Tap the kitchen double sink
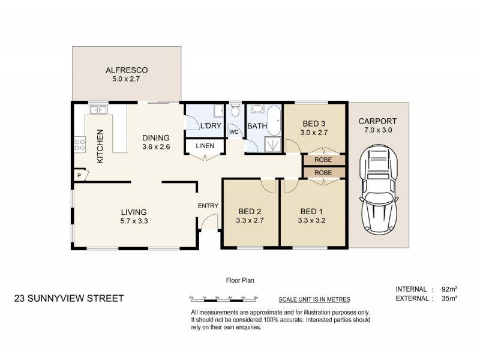(x=98, y=109)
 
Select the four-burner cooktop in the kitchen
(x=80, y=145)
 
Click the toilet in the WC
(x=235, y=110)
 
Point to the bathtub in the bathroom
(x=274, y=121)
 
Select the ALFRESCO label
(x=127, y=70)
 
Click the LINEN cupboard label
(x=205, y=146)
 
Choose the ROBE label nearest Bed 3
(x=323, y=160)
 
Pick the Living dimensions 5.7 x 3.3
(x=134, y=221)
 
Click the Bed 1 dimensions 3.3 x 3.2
(x=311, y=220)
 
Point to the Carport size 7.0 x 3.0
(x=378, y=130)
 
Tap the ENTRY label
(x=208, y=206)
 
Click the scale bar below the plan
(x=223, y=299)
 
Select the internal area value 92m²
(x=449, y=289)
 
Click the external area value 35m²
(x=449, y=298)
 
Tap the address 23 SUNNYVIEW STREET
(x=69, y=298)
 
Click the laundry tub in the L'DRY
(x=218, y=110)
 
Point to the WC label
(x=234, y=132)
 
